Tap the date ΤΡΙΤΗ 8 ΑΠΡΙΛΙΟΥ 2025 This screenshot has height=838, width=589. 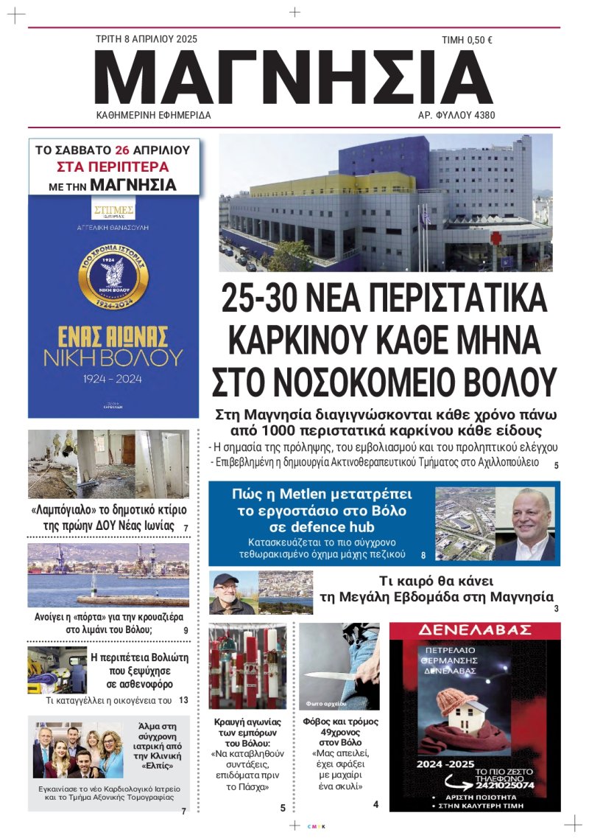click(x=147, y=39)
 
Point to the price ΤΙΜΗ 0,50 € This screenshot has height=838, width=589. click(x=466, y=41)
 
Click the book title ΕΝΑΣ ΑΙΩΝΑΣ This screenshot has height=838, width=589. click(x=113, y=335)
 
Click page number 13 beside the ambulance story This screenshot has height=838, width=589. click(x=183, y=700)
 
